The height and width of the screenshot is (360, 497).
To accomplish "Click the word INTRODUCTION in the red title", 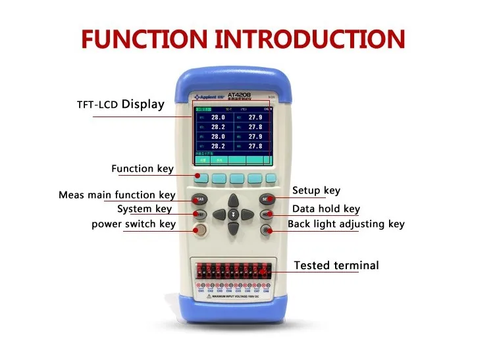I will click(x=310, y=38).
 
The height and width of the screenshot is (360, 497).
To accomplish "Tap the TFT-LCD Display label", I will click(x=120, y=104).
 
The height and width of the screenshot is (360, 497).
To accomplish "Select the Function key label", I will click(x=142, y=169).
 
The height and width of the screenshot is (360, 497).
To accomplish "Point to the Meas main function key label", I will click(x=117, y=195).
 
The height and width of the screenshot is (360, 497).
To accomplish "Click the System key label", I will click(x=144, y=209).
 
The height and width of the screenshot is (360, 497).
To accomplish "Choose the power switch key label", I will click(x=134, y=224).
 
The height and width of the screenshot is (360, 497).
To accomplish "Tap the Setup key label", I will click(x=316, y=191).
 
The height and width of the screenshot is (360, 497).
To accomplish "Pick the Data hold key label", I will click(x=326, y=209).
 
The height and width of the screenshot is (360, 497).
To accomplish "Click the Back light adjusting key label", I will click(x=346, y=224).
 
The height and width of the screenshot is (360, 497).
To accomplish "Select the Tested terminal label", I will click(x=336, y=266).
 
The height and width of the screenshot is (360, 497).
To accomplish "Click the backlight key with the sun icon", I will click(x=267, y=230).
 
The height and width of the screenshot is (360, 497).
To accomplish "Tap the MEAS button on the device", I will click(x=199, y=199).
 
